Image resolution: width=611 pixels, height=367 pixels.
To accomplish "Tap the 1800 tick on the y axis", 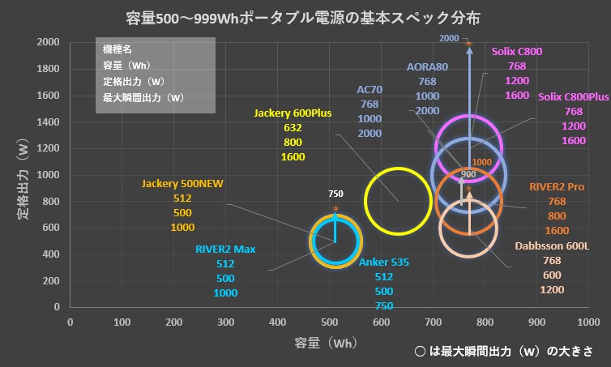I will click(47, 69).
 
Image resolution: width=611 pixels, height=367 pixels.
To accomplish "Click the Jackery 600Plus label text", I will click(293, 113).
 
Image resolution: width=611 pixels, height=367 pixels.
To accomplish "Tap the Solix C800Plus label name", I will click(573, 97).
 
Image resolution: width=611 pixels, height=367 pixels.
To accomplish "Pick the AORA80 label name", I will click(427, 67).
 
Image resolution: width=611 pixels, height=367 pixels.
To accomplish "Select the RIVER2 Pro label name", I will click(557, 186).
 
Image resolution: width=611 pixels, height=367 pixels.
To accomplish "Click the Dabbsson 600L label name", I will click(552, 245).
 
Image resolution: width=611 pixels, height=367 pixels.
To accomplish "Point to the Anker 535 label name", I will click(383, 262).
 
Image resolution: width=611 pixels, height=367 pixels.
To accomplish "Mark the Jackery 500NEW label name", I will click(182, 184).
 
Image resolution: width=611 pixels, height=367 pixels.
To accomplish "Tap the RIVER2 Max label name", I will click(225, 249).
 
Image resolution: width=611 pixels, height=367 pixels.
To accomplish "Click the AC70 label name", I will click(369, 90).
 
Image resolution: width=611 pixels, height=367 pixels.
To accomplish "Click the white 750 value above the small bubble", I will click(336, 194).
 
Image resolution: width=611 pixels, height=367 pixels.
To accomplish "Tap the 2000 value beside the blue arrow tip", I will click(449, 38).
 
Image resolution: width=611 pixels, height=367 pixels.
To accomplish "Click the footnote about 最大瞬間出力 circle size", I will click(502, 352).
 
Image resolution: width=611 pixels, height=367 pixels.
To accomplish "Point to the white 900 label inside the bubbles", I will click(468, 174).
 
